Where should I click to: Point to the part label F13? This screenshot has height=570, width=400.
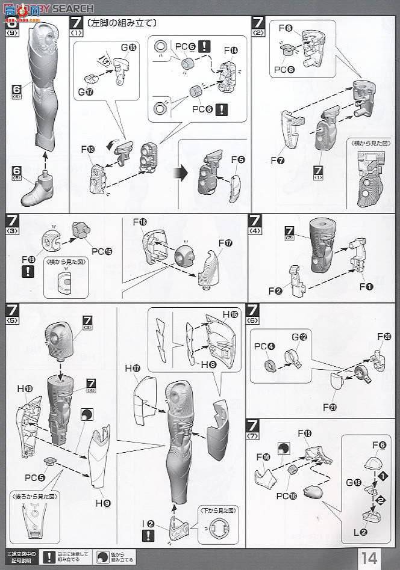(89, 149)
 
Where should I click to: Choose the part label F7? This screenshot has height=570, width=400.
(277, 161)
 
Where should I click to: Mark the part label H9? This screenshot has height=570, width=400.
(104, 486)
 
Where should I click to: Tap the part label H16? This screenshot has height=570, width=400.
(231, 314)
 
